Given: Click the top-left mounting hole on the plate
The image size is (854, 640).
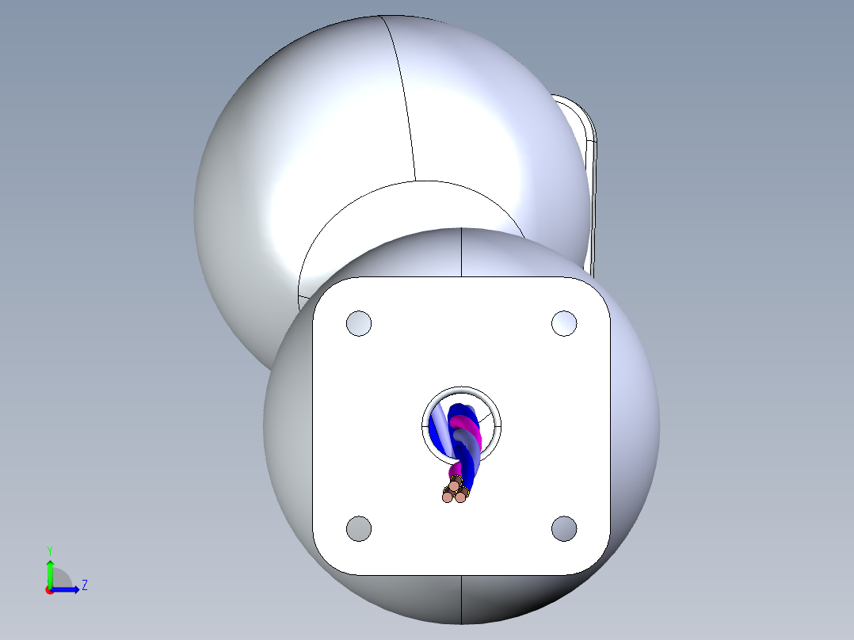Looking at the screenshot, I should coord(359,323).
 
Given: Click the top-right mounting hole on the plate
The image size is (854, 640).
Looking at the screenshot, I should coord(564,323).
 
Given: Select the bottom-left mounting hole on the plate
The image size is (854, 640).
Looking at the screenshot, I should coord(359,528).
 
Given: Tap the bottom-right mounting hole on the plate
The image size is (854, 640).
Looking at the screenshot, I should coord(564,528).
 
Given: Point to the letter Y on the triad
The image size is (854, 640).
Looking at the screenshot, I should coord(50,550).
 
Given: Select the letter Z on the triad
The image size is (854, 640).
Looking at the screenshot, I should coord(84,585).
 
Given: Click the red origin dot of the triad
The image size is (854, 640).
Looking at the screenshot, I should coord(50,590).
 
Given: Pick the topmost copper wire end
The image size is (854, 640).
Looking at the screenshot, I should coord(455,484).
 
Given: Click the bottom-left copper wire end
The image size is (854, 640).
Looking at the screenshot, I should coord(448,497).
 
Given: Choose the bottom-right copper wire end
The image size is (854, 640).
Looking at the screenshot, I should coord(460,497).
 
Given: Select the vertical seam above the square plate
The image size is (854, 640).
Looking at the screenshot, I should coord(462,252).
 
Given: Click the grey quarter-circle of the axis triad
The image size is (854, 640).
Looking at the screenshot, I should coord(61,579).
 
